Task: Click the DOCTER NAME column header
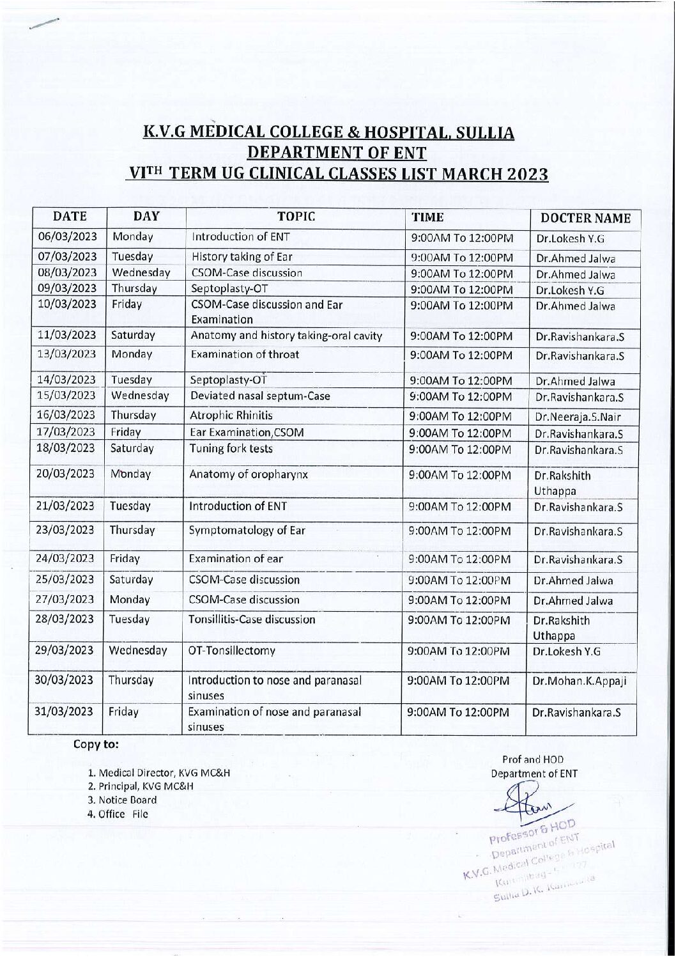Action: pyautogui.click(x=586, y=219)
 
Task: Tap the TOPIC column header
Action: pyautogui.click(x=297, y=216)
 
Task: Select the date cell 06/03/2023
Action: pyautogui.click(x=68, y=236)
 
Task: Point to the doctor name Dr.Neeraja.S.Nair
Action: pyautogui.click(x=578, y=417)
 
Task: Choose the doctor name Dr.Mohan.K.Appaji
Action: pyautogui.click(x=580, y=681)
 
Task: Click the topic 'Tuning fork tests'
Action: pyautogui.click(x=231, y=448)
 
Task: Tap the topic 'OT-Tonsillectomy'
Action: pyautogui.click(x=231, y=651)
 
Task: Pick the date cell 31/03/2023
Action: pyautogui.click(x=65, y=712)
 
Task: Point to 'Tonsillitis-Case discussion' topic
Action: pyautogui.click(x=252, y=619)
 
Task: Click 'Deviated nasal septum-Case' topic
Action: pyautogui.click(x=260, y=396)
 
